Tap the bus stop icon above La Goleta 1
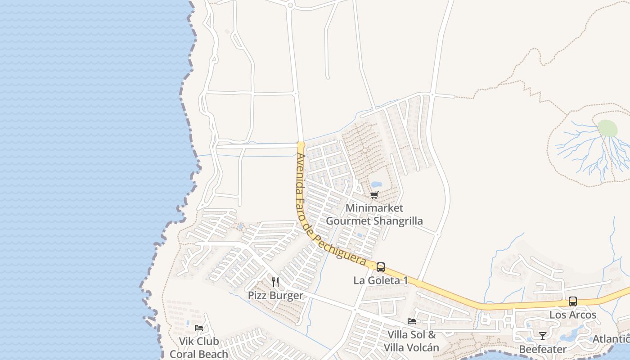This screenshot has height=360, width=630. coord(381,267)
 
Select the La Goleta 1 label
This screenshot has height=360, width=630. coord(381,280)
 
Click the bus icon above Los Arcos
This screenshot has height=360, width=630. coord(572,301)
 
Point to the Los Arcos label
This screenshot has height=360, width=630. coord(572,315)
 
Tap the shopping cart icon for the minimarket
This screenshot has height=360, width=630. coord(374,195)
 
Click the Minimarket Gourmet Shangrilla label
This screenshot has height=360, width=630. coord(374,215)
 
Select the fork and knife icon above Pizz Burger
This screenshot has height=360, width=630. coord(275,282)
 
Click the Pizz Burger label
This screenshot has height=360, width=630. coord(275,296)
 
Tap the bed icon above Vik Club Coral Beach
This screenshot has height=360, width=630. coord(198,328)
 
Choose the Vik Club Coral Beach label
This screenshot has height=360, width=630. coord(199,347)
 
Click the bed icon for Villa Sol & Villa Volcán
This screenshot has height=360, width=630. coord(411,321)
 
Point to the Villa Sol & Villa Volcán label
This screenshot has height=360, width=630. coord(411,341)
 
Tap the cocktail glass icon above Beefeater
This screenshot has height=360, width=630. coord(543,336)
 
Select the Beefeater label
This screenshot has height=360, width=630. coord(543,349)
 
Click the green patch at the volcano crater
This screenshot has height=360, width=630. coord(607,128)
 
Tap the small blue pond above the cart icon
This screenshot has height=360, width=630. coord(376,184)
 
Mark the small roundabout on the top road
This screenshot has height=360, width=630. coord(290,5)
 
